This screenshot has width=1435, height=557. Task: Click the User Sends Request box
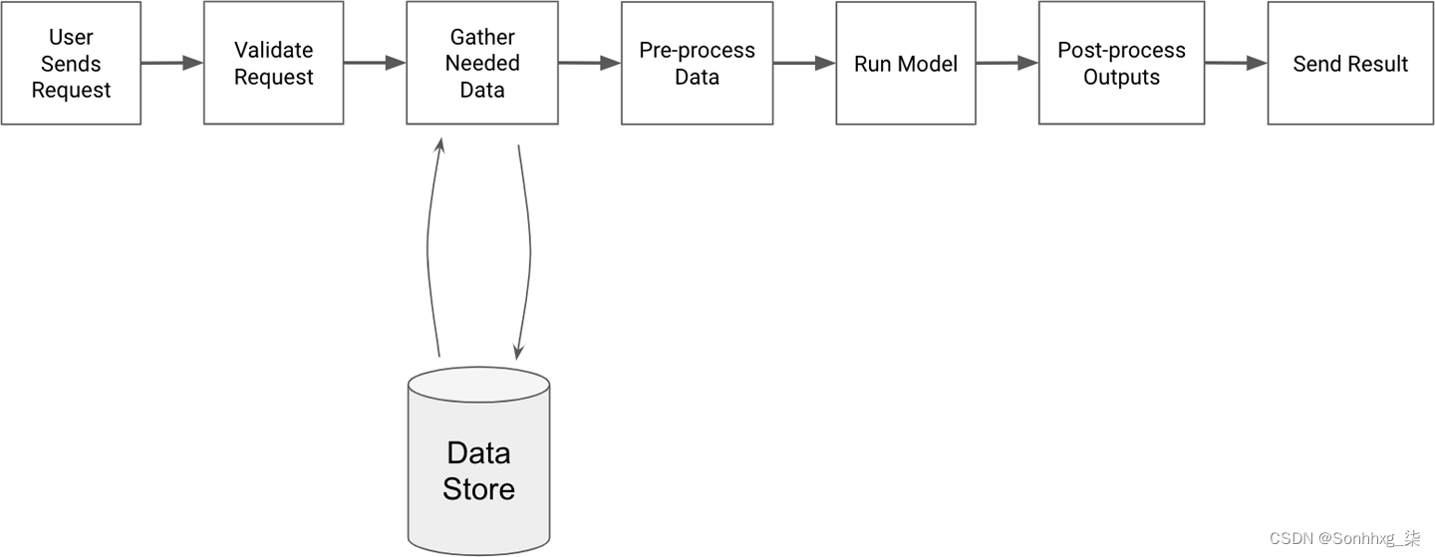[x=71, y=63]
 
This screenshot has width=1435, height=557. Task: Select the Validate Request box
[x=273, y=63]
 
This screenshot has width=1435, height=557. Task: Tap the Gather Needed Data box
[x=482, y=63]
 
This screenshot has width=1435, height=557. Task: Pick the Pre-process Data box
[x=697, y=63]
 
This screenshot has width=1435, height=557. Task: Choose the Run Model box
[x=906, y=63]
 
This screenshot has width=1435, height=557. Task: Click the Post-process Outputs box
[x=1122, y=63]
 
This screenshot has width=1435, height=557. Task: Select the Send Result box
[x=1350, y=63]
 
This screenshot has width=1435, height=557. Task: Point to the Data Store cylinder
[x=479, y=461]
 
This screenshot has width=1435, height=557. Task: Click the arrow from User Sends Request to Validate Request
[x=172, y=63]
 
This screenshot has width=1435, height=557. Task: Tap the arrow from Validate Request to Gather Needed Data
[x=375, y=63]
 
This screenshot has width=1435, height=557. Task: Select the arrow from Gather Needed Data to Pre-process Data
[x=589, y=63]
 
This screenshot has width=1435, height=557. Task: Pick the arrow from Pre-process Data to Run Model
[x=804, y=63]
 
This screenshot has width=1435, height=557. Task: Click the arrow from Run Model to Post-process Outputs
[x=1007, y=63]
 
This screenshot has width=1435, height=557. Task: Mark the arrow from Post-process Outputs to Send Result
[x=1236, y=63]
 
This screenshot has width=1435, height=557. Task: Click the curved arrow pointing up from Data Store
[x=428, y=250]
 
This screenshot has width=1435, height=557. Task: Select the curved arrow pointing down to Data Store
[x=530, y=250]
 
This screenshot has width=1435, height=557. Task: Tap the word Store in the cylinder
[x=478, y=489]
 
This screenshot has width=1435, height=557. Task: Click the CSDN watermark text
[x=1344, y=538]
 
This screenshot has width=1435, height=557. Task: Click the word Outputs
[x=1122, y=77]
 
